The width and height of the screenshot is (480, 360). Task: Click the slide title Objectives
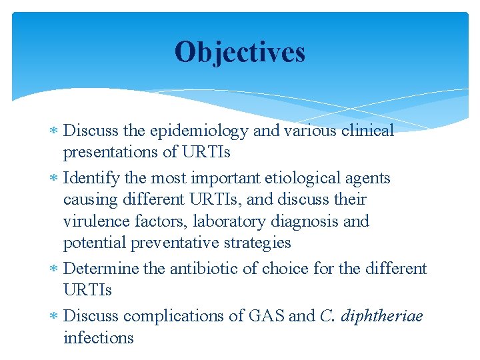240,52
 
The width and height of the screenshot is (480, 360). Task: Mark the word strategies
257,243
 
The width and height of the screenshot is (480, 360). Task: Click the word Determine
101,269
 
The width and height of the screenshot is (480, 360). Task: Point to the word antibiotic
201,269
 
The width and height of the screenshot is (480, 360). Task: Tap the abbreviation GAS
265,316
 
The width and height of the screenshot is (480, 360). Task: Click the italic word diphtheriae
381,316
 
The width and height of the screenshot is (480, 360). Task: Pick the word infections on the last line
98,338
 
